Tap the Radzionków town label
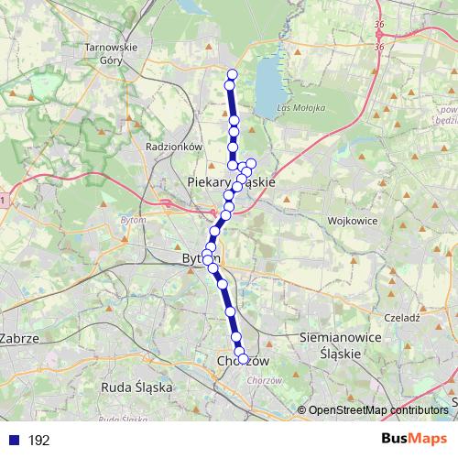(173, 146)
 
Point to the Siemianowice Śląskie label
(340, 343)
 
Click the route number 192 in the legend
(38, 441)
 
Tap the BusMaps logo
(413, 440)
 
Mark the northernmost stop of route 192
(232, 74)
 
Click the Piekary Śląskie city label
(231, 183)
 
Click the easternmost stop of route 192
(251, 163)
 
